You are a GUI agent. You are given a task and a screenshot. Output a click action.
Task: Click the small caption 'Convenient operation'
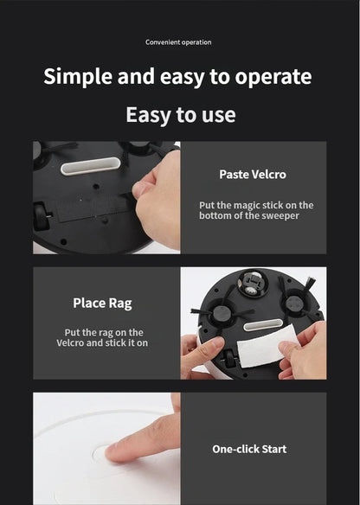pyautogui.click(x=178, y=42)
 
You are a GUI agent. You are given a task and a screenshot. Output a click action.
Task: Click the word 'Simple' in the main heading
pyautogui.click(x=78, y=77)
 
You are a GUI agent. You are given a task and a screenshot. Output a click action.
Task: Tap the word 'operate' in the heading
pyautogui.click(x=273, y=78)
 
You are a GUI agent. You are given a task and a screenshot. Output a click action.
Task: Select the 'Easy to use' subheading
pyautogui.click(x=181, y=115)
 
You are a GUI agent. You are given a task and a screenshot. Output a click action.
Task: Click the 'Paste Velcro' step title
pyautogui.click(x=253, y=175)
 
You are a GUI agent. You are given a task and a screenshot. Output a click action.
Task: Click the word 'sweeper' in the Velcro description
pyautogui.click(x=280, y=215)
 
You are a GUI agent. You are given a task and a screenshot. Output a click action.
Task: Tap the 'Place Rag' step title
pyautogui.click(x=102, y=304)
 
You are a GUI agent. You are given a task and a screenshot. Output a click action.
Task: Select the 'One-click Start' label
pyautogui.click(x=249, y=449)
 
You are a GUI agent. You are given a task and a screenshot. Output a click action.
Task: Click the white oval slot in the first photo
pyautogui.click(x=91, y=166)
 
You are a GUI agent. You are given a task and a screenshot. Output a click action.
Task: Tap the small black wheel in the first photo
pyautogui.click(x=42, y=215)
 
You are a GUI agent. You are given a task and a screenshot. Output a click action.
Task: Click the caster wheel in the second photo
pyautogui.click(x=254, y=283)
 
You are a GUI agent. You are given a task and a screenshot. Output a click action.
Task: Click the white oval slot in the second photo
pyautogui.click(x=263, y=324)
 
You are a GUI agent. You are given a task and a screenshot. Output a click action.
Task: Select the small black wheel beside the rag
pyautogui.click(x=230, y=358)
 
